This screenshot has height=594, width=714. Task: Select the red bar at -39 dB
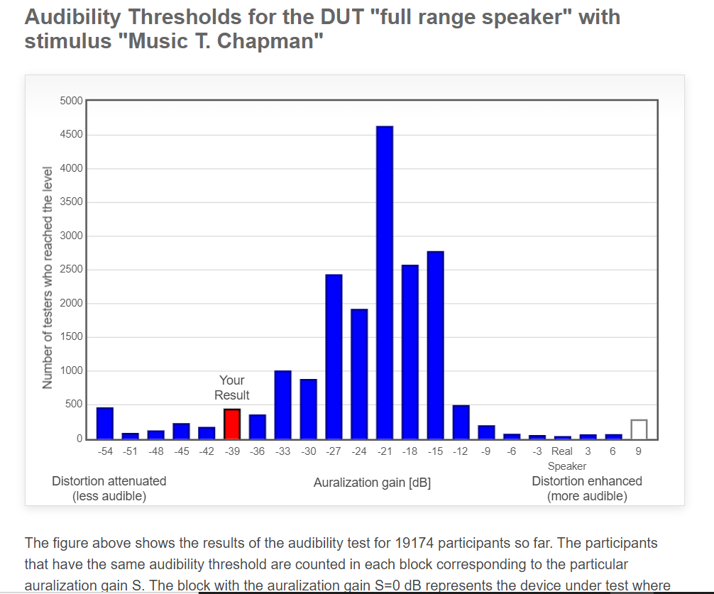click(x=232, y=424)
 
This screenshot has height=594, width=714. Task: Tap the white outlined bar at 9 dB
click(x=639, y=429)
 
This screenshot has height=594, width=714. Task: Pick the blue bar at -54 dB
click(x=105, y=423)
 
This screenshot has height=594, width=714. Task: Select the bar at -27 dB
click(x=334, y=356)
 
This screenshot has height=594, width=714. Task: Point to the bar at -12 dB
click(x=461, y=422)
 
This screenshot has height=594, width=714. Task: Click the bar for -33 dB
click(x=282, y=405)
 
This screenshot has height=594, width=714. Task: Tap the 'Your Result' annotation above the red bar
click(x=232, y=387)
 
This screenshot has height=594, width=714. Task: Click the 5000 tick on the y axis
click(x=72, y=100)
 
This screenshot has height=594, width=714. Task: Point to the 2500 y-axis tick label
click(x=72, y=270)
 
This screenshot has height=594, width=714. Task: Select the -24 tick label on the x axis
click(x=359, y=451)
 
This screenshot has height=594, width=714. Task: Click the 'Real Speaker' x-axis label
click(x=564, y=458)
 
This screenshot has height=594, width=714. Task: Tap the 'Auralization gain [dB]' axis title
click(x=372, y=483)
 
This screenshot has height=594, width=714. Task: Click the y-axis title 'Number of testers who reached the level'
click(x=48, y=277)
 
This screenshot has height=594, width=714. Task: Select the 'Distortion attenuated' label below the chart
click(x=109, y=481)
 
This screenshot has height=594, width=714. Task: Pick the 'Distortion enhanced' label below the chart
click(x=587, y=481)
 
